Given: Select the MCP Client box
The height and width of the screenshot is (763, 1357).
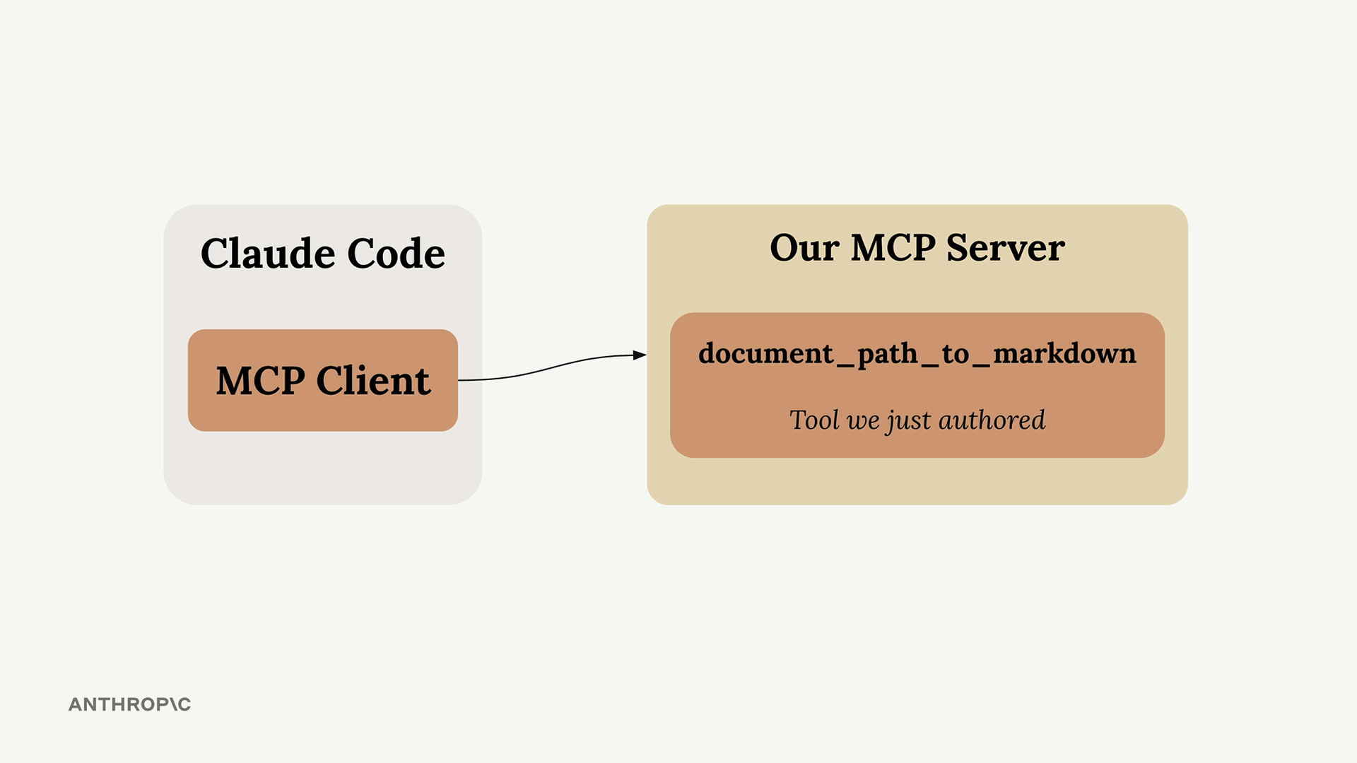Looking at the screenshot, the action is pyautogui.click(x=323, y=380).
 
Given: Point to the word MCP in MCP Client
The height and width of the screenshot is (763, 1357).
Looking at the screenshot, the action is pyautogui.click(x=261, y=381).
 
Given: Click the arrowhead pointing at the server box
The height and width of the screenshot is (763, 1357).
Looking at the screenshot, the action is pyautogui.click(x=640, y=355).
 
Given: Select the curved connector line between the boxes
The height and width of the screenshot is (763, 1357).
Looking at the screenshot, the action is pyautogui.click(x=552, y=366).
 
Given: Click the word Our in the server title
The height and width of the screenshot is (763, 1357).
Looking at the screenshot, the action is pyautogui.click(x=804, y=248).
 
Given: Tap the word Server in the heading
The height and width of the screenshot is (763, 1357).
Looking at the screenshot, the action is pyautogui.click(x=1005, y=248).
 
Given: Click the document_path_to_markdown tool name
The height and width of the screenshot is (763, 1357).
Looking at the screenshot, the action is pyautogui.click(x=917, y=354).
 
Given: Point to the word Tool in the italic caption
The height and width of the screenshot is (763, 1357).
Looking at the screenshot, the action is pyautogui.click(x=814, y=420).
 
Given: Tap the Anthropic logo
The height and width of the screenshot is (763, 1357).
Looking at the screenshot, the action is pyautogui.click(x=130, y=704).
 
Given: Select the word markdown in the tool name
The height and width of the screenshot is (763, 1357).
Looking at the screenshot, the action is pyautogui.click(x=1064, y=353).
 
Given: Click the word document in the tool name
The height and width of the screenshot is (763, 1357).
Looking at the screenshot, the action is pyautogui.click(x=766, y=353).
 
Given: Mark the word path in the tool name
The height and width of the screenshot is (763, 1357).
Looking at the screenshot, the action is pyautogui.click(x=888, y=355).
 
